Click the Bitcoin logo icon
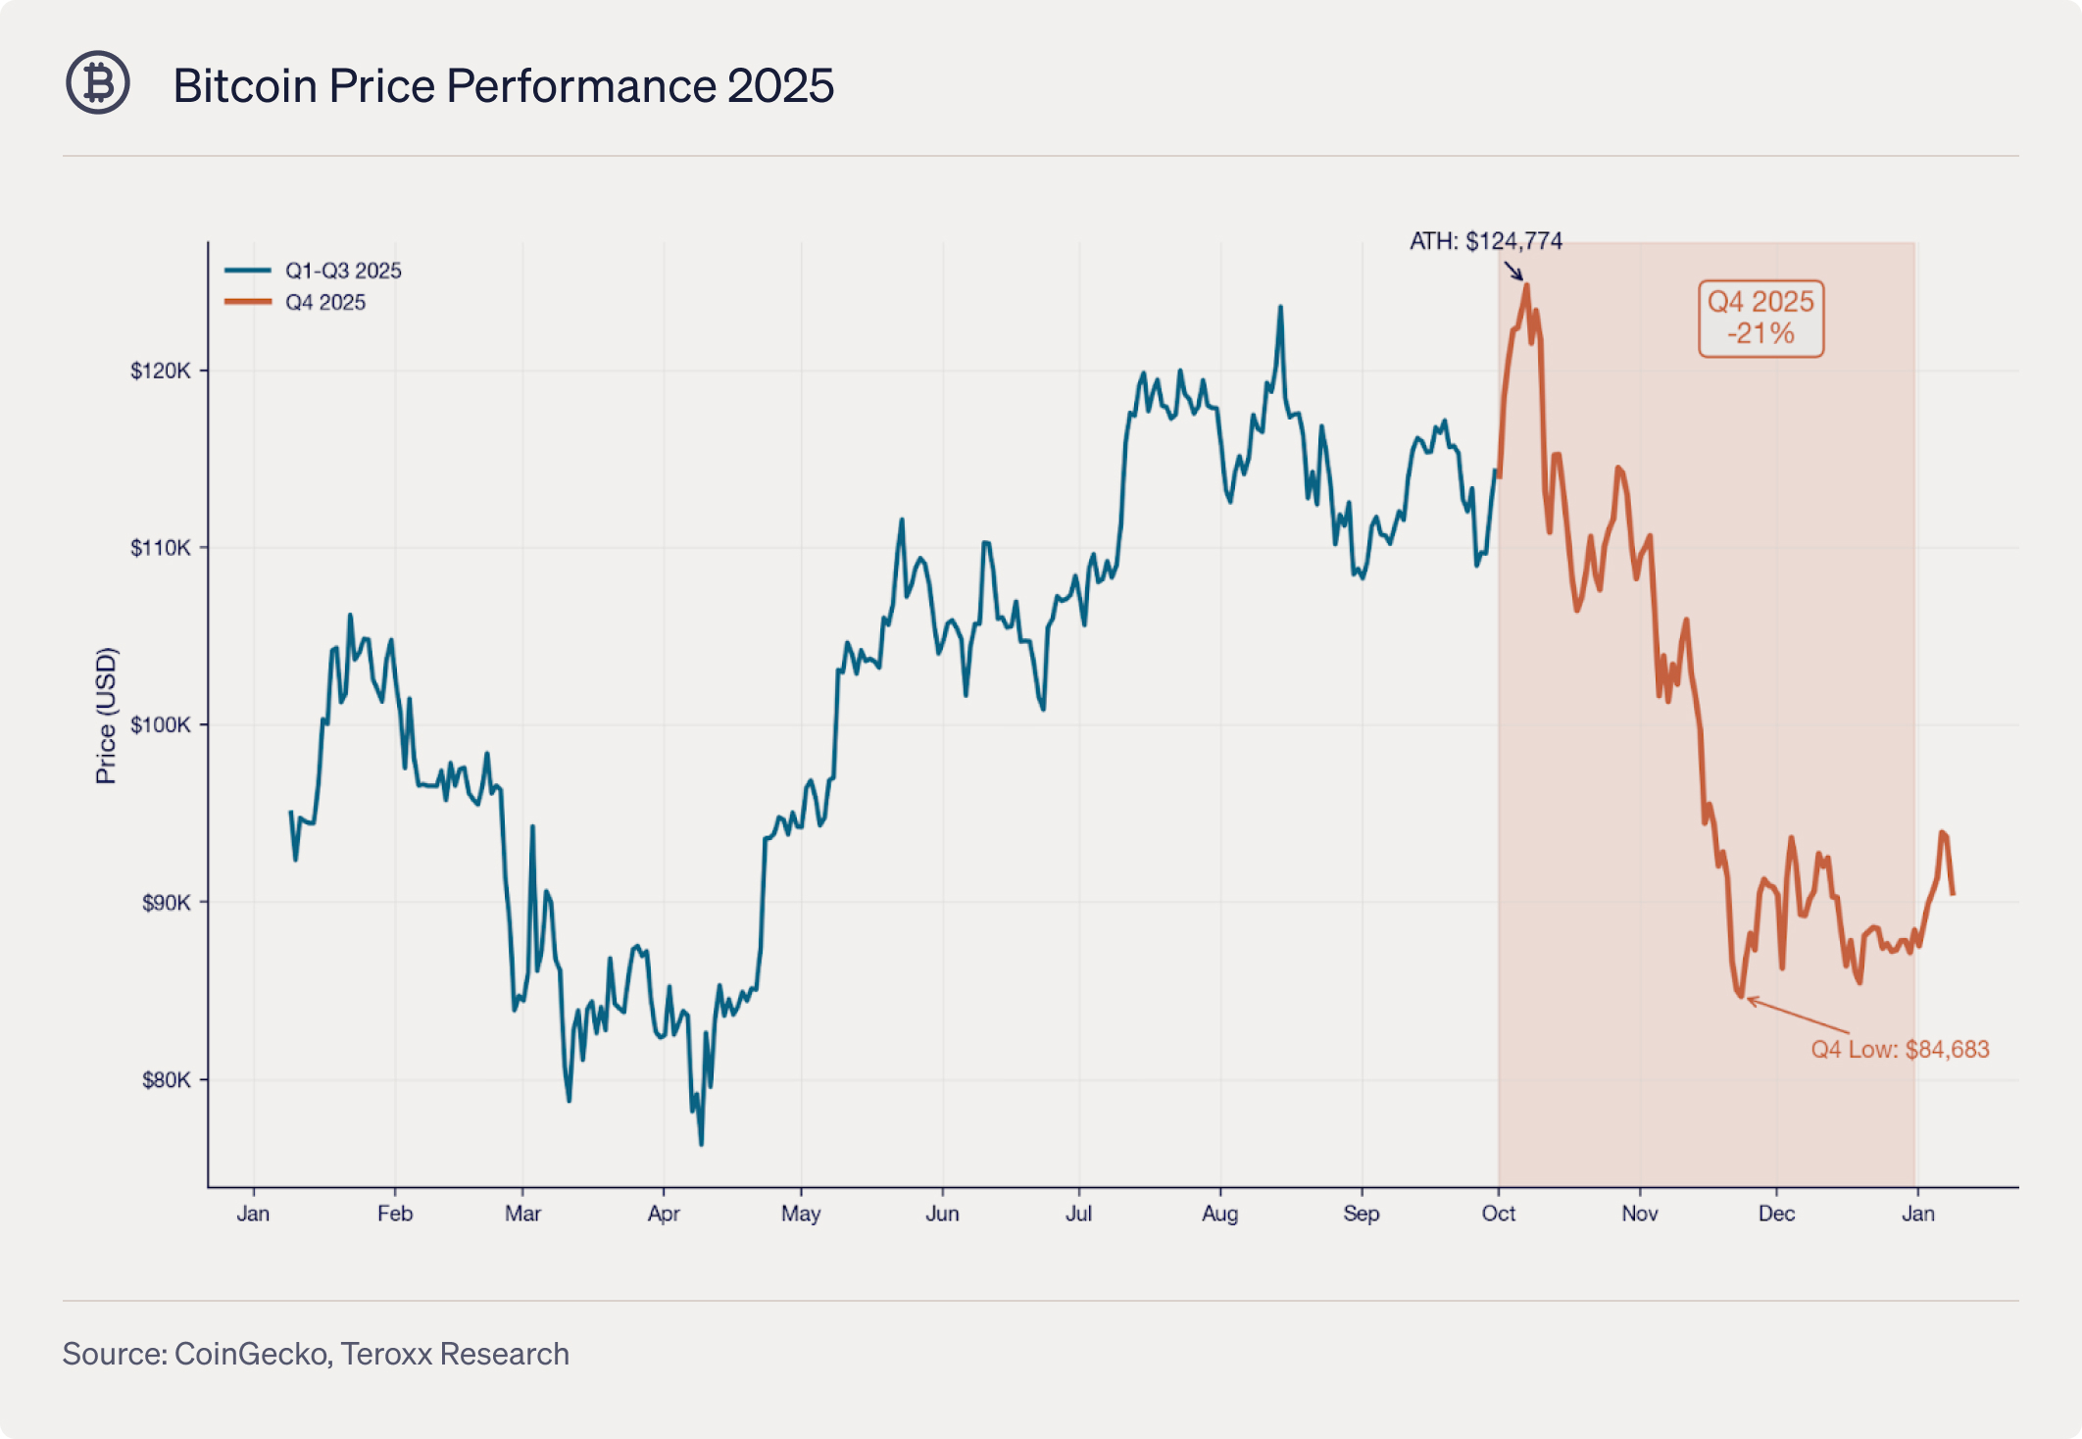click(98, 83)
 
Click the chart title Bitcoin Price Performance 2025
click(503, 85)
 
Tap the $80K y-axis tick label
click(166, 1080)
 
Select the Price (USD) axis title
click(106, 716)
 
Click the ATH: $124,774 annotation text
click(1485, 241)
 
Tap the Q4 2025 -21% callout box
click(1760, 318)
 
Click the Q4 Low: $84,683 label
click(1900, 1050)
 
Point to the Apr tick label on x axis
click(664, 1214)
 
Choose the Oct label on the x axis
click(1498, 1214)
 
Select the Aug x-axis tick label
click(1219, 1214)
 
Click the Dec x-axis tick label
click(1776, 1214)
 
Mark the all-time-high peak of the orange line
click(1526, 285)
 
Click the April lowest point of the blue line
click(701, 1144)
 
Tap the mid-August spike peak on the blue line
click(1280, 307)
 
